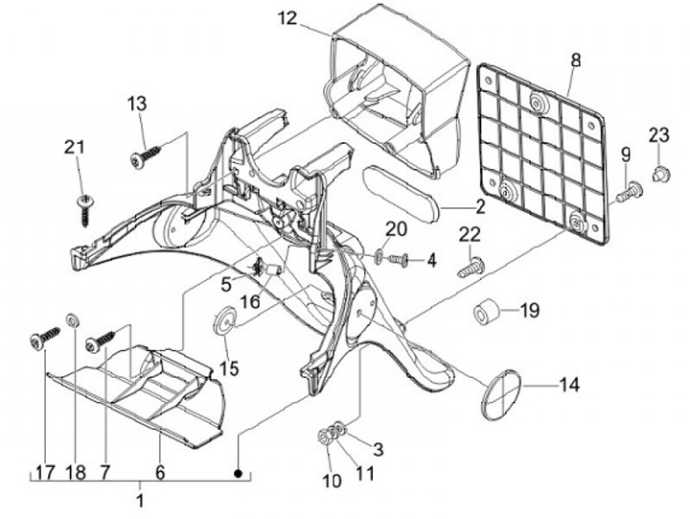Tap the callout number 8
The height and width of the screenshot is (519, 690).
[576, 59]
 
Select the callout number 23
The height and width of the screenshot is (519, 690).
[658, 135]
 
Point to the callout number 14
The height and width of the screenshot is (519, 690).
[569, 385]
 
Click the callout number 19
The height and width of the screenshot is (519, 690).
[529, 311]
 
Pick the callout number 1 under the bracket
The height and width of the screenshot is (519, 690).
[140, 501]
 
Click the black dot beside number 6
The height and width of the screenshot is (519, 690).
[238, 474]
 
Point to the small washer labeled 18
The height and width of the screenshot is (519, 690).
[72, 319]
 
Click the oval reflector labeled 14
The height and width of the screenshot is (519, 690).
[501, 394]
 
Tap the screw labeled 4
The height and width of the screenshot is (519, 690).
[398, 260]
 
